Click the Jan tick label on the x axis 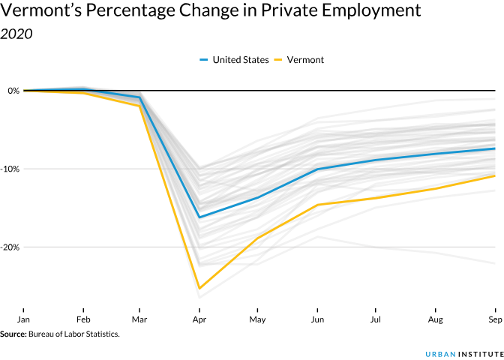[24, 319]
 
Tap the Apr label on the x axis [199, 319]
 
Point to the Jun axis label [317, 319]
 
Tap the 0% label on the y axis [13, 91]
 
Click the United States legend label [240, 60]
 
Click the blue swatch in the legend [204, 60]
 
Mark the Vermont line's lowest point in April [199, 288]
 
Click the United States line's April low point [199, 217]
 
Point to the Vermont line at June [317, 205]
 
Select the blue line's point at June [317, 169]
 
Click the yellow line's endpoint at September [494, 175]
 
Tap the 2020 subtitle [16, 34]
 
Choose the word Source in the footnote [12, 334]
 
